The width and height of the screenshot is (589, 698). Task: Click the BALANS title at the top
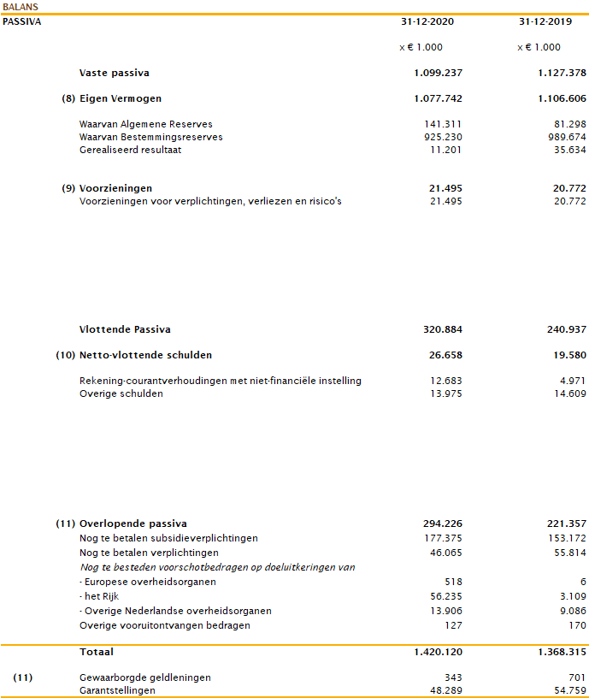coord(21,7)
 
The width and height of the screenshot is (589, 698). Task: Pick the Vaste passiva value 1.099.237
coord(439,74)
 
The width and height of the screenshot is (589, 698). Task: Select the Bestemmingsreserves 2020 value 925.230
coord(443,138)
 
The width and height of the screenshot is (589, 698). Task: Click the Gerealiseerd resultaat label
coord(130,151)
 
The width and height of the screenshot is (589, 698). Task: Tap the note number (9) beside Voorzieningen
coord(68,188)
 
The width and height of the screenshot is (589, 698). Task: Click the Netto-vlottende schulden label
coord(145,355)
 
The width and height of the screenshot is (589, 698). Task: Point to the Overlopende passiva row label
coord(133,523)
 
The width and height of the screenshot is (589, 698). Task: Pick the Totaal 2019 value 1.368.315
coord(557,652)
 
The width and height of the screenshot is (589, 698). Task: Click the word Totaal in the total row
coord(97,652)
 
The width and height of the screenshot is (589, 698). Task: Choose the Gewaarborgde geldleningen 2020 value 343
coord(452,677)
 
